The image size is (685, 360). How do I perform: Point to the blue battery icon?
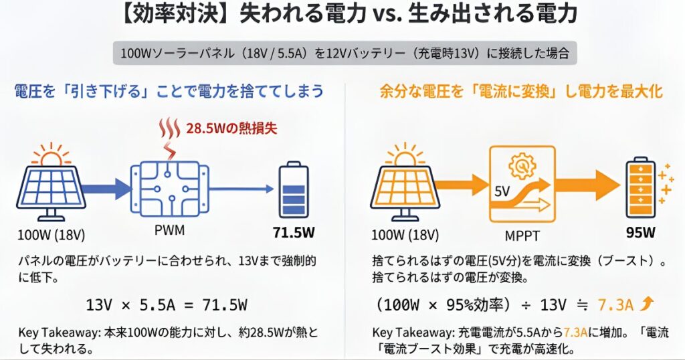tap(293, 190)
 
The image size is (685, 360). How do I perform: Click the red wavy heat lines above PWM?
tap(166, 128)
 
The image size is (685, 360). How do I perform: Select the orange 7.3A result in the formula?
tap(615, 305)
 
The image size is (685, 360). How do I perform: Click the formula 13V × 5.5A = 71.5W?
tap(167, 305)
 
